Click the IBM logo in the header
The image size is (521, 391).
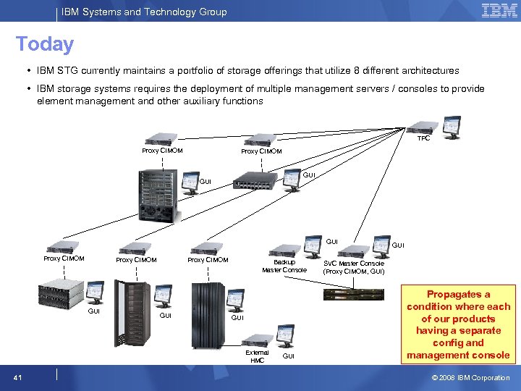499,11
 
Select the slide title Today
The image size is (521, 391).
45,44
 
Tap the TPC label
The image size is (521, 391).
423,138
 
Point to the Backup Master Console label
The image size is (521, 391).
284,266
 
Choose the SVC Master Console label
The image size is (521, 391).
354,267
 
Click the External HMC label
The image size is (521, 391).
258,356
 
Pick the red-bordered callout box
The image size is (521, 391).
458,324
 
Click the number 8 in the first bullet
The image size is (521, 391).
336,71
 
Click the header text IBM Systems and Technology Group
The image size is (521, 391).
144,12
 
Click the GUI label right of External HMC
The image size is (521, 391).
288,357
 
